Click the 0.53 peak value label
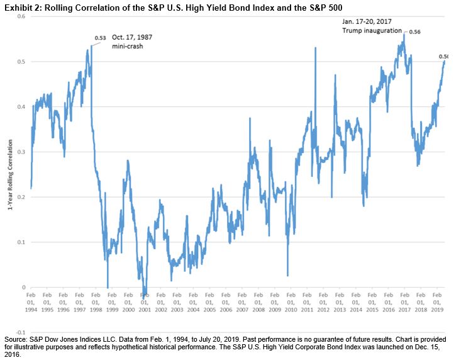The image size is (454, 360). (99, 38)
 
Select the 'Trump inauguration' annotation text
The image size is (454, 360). (371, 30)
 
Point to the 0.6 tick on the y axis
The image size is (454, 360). (20, 16)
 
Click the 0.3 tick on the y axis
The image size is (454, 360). (20, 152)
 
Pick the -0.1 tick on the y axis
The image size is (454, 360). (19, 332)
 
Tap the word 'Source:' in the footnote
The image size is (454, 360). (15, 339)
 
